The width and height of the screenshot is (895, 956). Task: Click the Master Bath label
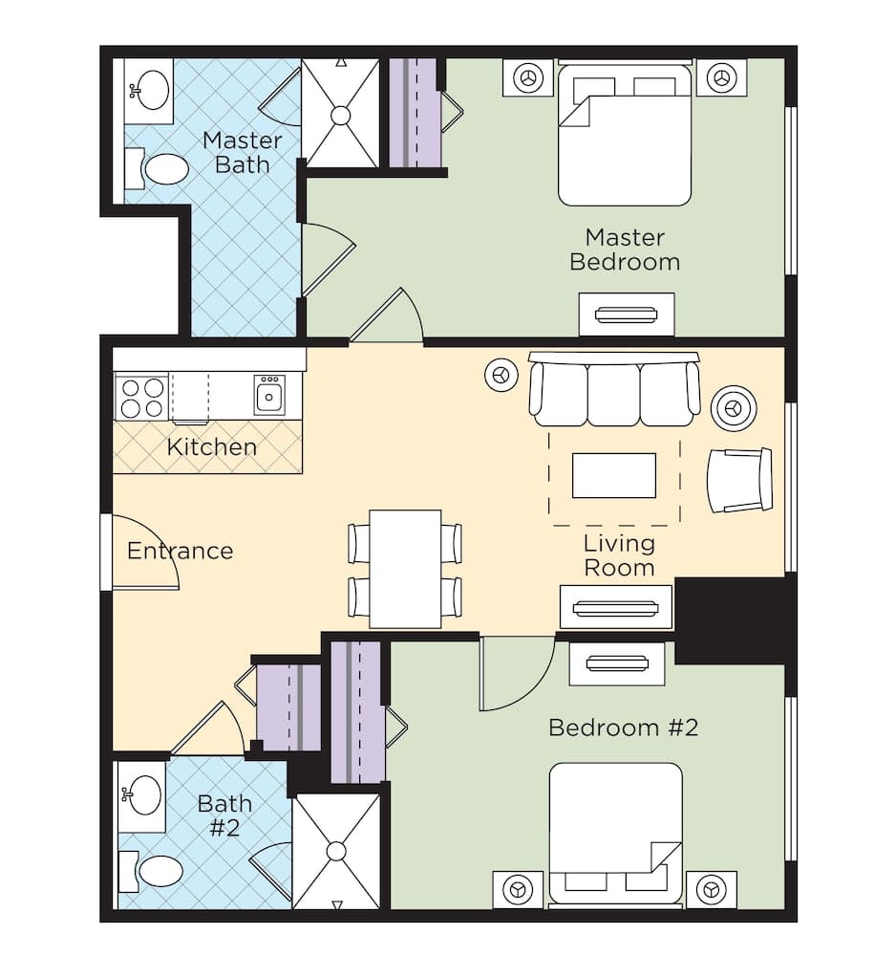242,153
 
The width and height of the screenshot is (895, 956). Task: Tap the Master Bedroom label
625,249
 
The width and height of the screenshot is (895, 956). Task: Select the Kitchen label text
211,446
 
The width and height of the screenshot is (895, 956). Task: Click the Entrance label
180,551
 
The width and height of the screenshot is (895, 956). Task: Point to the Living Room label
619,555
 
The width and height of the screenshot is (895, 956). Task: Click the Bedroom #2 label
623,728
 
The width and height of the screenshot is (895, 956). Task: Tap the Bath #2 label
224,815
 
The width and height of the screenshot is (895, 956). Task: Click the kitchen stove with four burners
141,397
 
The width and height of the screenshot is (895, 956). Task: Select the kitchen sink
268,394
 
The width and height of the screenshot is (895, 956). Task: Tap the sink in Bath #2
144,795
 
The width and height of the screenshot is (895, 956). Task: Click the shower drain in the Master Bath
340,116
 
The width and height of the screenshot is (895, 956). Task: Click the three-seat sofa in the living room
614,390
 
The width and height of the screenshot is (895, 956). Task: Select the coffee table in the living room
613,475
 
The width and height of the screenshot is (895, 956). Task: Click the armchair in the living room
739,480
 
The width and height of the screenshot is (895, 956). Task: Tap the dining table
405,569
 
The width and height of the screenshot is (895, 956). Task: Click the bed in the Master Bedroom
625,134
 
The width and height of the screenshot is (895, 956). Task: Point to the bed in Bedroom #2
615,832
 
